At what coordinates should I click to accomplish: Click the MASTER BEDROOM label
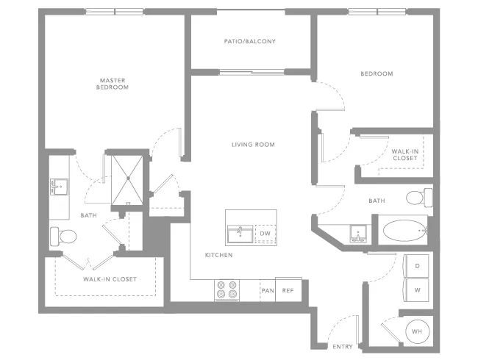(113, 84)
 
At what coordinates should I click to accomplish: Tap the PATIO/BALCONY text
(250, 41)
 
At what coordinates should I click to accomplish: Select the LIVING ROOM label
(253, 145)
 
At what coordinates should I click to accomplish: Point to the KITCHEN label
(218, 255)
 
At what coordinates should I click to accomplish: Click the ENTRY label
(343, 347)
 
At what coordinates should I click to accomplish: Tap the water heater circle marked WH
(418, 331)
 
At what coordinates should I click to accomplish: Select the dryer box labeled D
(416, 265)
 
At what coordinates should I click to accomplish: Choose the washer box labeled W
(416, 290)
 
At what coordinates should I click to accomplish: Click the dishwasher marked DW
(265, 234)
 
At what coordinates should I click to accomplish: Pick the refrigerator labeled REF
(288, 289)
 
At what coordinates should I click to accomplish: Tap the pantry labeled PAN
(268, 290)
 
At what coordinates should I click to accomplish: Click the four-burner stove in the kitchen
(226, 290)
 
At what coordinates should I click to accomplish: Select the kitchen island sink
(240, 234)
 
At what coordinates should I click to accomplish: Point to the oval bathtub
(404, 231)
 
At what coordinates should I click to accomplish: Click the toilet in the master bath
(63, 237)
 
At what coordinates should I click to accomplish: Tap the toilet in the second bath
(419, 198)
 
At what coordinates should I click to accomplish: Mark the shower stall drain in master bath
(129, 179)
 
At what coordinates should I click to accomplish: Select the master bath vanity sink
(59, 187)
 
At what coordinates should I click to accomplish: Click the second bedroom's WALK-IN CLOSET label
(405, 155)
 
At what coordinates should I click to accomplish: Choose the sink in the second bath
(358, 234)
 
